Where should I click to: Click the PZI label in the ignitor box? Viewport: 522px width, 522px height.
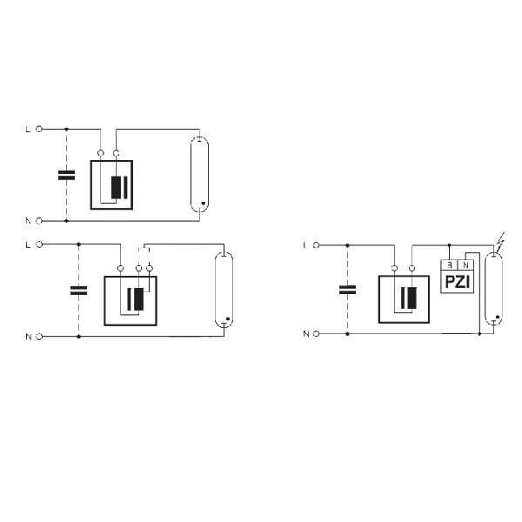click(x=457, y=282)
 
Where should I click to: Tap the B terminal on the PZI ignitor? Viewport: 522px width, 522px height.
click(x=449, y=264)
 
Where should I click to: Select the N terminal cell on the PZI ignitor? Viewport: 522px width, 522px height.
click(x=465, y=264)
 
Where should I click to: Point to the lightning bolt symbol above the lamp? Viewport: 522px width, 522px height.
click(x=498, y=238)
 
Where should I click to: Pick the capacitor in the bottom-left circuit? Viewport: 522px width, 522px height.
click(x=78, y=290)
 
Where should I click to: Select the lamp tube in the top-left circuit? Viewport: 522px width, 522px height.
click(x=200, y=174)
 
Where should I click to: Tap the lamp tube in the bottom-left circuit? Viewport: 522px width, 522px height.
click(x=224, y=290)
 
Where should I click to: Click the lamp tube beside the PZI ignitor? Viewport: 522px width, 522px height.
click(x=493, y=289)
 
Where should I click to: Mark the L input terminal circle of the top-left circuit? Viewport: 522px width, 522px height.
click(x=38, y=129)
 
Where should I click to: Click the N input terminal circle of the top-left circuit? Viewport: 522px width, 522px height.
click(x=38, y=220)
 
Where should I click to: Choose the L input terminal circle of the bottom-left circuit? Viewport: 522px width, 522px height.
click(x=38, y=244)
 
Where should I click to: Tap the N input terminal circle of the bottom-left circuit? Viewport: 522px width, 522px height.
click(x=38, y=336)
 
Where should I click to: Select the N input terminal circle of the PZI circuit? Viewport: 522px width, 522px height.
click(x=316, y=333)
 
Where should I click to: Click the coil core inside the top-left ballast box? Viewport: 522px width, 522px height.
click(x=117, y=188)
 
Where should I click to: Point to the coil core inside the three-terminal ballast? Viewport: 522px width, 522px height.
click(x=135, y=299)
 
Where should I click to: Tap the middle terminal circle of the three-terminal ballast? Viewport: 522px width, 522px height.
click(x=138, y=268)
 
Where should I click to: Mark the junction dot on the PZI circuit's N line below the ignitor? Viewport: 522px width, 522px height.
click(x=479, y=333)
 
